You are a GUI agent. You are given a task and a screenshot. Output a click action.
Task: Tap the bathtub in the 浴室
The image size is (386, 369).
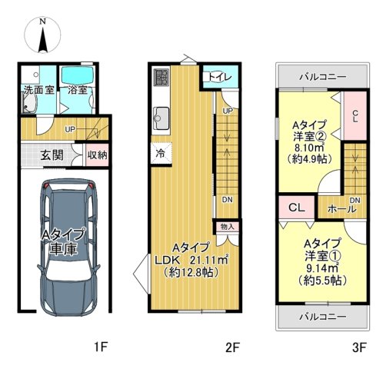pyautogui.click(x=77, y=75)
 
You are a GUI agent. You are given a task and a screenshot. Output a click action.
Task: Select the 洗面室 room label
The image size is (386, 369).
pyautogui.click(x=39, y=90)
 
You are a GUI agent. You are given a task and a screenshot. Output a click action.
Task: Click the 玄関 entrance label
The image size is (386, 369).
pyautogui.click(x=52, y=155)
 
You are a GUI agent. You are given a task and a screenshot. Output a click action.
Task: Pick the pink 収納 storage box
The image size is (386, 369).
pyautogui.click(x=97, y=155)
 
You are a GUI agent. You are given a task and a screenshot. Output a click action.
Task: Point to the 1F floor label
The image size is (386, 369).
pyautogui.click(x=101, y=347)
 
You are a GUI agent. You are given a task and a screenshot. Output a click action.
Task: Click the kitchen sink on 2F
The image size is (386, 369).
pyautogui.click(x=161, y=118)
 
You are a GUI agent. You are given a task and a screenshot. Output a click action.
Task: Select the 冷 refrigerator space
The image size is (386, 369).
pyautogui.click(x=161, y=153)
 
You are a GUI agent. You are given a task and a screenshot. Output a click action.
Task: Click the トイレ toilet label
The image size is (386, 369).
pyautogui.click(x=220, y=77)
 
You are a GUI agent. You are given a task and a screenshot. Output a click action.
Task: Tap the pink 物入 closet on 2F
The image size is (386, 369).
pyautogui.click(x=228, y=227)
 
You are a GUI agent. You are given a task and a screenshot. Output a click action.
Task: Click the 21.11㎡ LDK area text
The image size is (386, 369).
pyautogui.click(x=209, y=260)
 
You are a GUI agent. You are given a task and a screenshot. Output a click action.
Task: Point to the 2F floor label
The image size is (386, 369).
pyautogui.click(x=232, y=347)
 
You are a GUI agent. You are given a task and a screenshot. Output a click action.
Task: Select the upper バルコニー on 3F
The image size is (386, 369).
pyautogui.click(x=323, y=76)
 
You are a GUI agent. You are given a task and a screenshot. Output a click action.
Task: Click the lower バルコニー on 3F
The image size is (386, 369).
pyautogui.click(x=323, y=317)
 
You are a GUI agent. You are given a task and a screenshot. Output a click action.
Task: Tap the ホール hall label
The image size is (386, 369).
pyautogui.click(x=342, y=209)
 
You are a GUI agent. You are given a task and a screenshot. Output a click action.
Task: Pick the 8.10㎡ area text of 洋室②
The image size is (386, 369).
pyautogui.click(x=309, y=148)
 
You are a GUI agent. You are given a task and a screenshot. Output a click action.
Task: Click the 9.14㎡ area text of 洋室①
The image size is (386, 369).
pyautogui.click(x=322, y=268)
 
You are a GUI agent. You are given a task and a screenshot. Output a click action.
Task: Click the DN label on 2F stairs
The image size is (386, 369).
pyautogui.click(x=227, y=200)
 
